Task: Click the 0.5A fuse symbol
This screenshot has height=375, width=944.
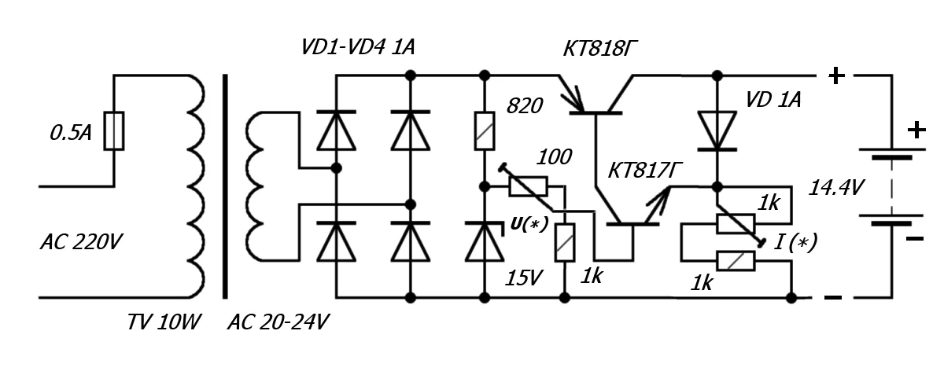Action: [114, 131]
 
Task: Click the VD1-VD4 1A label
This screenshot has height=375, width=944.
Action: [358, 48]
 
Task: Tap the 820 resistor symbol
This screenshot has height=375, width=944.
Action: [484, 131]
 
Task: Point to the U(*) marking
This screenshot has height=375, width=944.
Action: [529, 223]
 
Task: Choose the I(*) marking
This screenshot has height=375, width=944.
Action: [795, 243]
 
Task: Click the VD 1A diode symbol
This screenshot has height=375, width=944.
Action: [717, 130]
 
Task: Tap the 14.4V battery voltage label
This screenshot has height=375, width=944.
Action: [837, 188]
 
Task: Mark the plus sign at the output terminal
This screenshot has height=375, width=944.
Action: [836, 76]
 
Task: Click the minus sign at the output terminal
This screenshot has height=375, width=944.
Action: [834, 298]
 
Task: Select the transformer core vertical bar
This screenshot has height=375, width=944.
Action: [227, 186]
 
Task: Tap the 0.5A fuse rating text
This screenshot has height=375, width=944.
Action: [71, 134]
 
